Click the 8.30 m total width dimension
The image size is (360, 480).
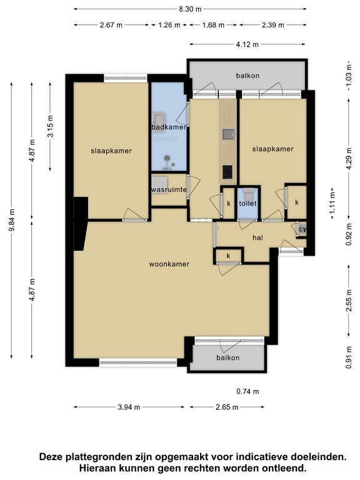coord(190,9)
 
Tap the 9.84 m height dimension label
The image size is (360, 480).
coord(12,220)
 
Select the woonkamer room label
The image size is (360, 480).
coord(169,264)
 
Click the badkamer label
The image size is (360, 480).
coord(169,127)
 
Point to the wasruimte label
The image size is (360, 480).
coord(169,189)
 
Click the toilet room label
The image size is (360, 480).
coord(247,203)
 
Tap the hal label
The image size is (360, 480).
coord(257,237)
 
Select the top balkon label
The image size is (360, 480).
coord(247,76)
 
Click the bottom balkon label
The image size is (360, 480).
coord(227,357)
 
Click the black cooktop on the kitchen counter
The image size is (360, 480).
coord(227,172)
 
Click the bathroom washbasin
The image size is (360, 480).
coord(159,117)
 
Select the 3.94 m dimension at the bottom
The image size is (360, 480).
coord(129,407)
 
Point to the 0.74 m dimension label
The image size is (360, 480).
coord(247,391)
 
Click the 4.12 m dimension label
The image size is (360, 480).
coord(247,45)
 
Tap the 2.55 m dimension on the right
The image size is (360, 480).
coord(349,301)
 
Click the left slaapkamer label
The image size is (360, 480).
coord(111,151)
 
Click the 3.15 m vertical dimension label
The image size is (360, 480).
coord(51,126)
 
